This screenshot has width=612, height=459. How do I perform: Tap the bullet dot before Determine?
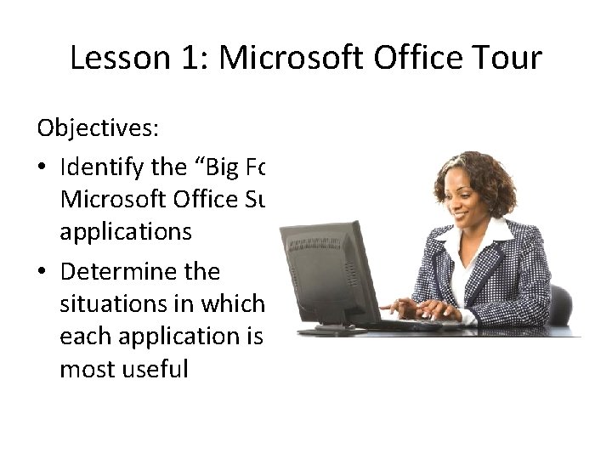[x=43, y=273]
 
